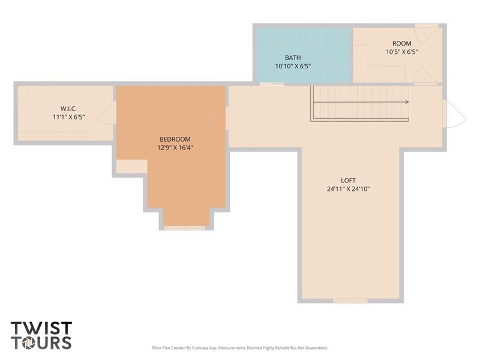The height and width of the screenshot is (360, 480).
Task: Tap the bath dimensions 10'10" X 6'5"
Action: pos(293,66)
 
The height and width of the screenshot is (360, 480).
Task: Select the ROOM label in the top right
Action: pos(402,43)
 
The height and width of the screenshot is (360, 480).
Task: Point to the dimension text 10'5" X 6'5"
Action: pos(402,52)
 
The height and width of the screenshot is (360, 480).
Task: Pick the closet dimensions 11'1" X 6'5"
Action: pos(68,118)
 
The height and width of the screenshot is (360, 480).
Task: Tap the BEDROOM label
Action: pos(175,139)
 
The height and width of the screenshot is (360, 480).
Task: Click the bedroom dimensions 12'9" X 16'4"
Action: pos(175,148)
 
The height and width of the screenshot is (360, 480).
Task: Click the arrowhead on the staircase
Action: pos(407,102)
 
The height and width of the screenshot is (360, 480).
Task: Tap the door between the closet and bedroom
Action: pos(108,113)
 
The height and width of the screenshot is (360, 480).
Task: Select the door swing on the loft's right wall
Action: pos(454,114)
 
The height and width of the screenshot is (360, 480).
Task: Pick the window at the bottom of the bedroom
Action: pos(184,228)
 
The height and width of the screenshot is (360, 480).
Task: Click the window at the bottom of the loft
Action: pos(350,301)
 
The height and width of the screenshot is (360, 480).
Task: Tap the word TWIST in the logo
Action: pos(41,328)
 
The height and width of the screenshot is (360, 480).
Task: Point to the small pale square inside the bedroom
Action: pos(131,167)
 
